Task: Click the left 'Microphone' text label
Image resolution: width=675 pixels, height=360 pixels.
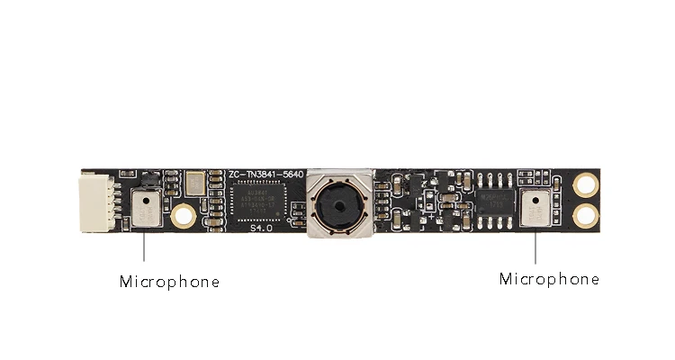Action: point(169,282)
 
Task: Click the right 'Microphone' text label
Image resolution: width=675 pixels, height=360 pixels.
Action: point(549,279)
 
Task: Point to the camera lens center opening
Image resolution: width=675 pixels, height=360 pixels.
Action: point(339,206)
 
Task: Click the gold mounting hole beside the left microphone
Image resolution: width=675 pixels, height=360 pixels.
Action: point(184,215)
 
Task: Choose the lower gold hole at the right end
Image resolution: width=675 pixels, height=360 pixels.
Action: point(587,215)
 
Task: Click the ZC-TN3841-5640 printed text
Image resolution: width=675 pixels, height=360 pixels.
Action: point(266,173)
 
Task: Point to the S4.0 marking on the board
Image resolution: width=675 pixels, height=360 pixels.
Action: point(261,229)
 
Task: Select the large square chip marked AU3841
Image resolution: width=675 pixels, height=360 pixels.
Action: point(261,201)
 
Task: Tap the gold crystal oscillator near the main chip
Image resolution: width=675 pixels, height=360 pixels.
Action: point(195,184)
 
